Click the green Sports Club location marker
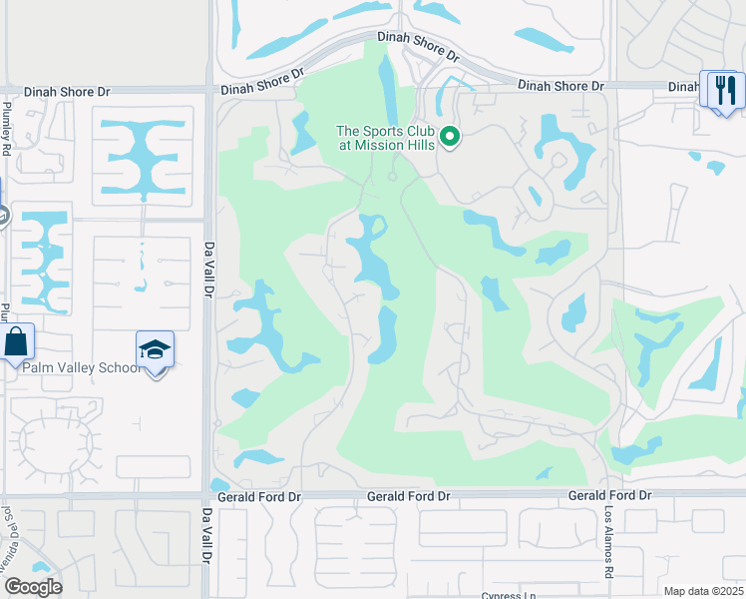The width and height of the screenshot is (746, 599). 450,137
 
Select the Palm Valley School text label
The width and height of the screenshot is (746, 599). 82,367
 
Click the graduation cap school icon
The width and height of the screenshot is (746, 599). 155,350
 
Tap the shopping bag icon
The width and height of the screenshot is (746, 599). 17,341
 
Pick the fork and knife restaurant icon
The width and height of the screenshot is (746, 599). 722,90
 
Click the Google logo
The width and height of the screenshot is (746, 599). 33,587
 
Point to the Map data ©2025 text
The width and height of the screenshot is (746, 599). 704,591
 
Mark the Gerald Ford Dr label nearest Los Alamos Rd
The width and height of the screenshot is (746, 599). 609,495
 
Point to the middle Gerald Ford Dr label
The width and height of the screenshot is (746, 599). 409,496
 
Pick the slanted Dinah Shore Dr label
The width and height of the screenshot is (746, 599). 261,82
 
